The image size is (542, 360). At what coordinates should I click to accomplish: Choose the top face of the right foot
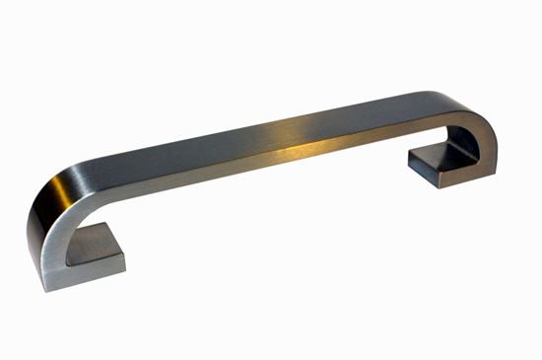click(x=439, y=152)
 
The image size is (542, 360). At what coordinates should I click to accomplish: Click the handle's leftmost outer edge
click(x=29, y=232)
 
